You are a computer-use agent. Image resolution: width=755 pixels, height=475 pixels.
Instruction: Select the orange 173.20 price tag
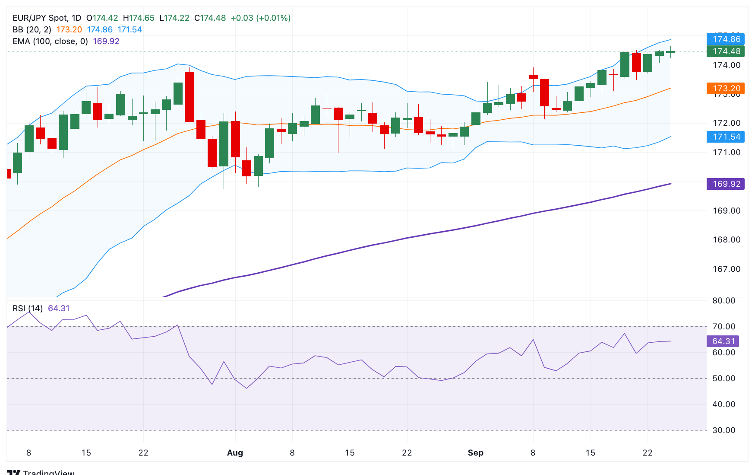(x=726, y=89)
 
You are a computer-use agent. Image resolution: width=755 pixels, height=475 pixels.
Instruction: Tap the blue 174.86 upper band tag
(x=726, y=39)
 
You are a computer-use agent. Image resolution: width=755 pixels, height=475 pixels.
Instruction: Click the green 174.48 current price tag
(x=726, y=51)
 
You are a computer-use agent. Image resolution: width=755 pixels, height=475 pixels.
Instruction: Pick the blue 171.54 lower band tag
(x=726, y=137)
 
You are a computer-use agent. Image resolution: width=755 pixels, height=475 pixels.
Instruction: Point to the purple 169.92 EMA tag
(x=726, y=184)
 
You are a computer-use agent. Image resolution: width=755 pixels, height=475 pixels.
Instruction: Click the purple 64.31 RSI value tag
(x=723, y=341)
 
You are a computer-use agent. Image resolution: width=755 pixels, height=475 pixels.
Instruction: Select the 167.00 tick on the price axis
(x=726, y=269)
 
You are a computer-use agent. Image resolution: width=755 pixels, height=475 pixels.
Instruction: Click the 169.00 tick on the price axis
(x=726, y=211)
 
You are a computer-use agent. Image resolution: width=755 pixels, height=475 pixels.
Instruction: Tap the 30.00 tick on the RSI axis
(x=723, y=430)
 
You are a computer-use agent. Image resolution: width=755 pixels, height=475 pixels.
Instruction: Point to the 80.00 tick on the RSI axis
(x=723, y=301)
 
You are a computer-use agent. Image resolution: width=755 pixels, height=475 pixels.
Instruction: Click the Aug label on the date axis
(x=235, y=453)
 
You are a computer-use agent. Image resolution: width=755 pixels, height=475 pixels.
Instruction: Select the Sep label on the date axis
(x=475, y=453)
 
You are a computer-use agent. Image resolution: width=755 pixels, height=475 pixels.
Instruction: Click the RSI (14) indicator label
(x=28, y=309)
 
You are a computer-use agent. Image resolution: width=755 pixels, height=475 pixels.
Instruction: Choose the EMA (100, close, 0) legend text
(x=50, y=41)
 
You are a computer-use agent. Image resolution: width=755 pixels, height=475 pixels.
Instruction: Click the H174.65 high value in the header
(x=139, y=18)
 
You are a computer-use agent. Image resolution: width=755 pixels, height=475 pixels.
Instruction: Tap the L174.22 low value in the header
(x=174, y=18)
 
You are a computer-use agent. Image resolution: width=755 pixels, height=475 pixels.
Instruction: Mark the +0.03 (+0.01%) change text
(x=261, y=18)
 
